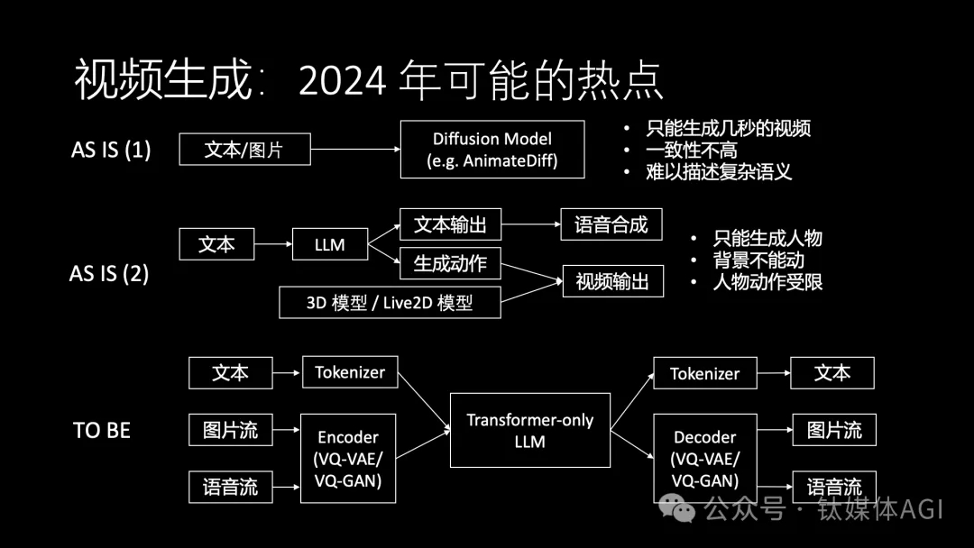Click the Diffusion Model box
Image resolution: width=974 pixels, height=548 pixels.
[492, 150]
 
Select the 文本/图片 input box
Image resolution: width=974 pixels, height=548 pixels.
[244, 149]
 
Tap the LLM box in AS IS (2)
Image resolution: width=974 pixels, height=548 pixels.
[330, 244]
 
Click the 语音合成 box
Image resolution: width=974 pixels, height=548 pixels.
[611, 224]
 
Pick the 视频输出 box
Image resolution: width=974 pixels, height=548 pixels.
[612, 281]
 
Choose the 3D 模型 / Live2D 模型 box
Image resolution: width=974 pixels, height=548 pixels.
[390, 302]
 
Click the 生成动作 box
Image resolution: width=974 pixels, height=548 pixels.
[449, 263]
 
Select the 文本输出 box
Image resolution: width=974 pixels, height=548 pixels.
[449, 224]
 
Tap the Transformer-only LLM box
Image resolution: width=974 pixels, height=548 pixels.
[529, 430]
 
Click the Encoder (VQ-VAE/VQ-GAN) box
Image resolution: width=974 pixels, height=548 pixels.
[348, 459]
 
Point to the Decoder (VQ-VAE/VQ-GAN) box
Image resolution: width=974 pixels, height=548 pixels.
[704, 459]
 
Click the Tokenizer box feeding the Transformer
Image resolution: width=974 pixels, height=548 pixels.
[350, 372]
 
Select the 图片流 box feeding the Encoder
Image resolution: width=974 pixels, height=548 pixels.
[230, 430]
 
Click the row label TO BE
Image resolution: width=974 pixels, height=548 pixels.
[102, 431]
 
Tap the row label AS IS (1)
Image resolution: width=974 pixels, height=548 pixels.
[111, 150]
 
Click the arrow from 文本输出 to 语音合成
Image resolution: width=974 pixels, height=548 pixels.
[530, 224]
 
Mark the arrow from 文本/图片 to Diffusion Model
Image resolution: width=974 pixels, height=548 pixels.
[355, 150]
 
